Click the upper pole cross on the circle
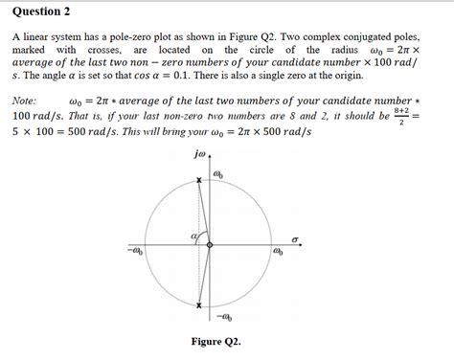pos(199,181)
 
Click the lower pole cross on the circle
pos(199,306)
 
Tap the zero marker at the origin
pos(209,245)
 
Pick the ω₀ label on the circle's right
pos(278,254)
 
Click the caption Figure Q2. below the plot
pos(216,342)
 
